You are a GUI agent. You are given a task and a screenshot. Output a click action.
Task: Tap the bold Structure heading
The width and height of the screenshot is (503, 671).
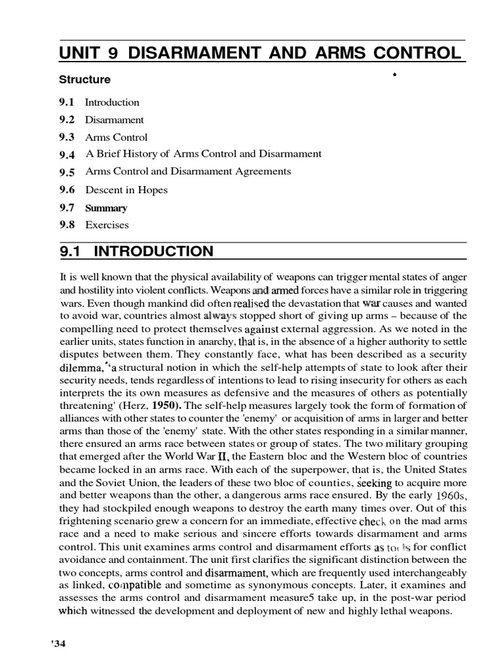pos(84,80)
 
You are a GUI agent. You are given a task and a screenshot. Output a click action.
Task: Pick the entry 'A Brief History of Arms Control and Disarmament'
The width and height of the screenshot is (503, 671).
pos(203,154)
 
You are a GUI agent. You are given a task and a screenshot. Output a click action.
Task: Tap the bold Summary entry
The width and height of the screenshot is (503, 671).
pos(106,208)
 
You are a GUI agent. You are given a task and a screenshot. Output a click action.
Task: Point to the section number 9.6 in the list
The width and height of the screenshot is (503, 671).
pos(67,190)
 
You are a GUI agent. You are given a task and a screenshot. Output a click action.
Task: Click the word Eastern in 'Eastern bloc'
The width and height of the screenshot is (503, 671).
pos(254,457)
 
